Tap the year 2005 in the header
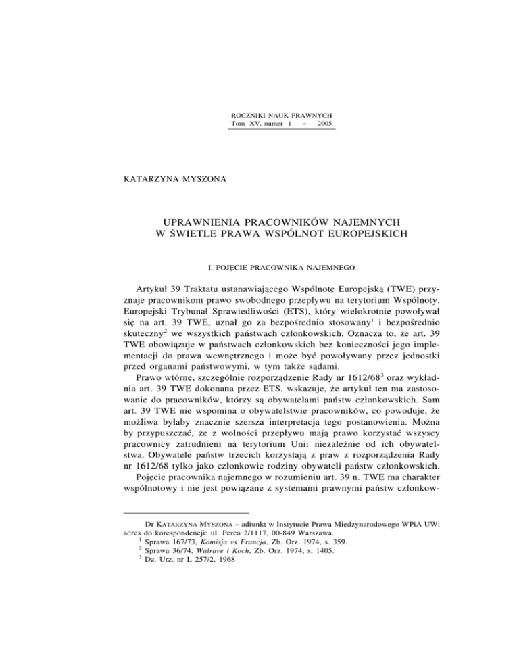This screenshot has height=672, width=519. (x=322, y=126)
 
